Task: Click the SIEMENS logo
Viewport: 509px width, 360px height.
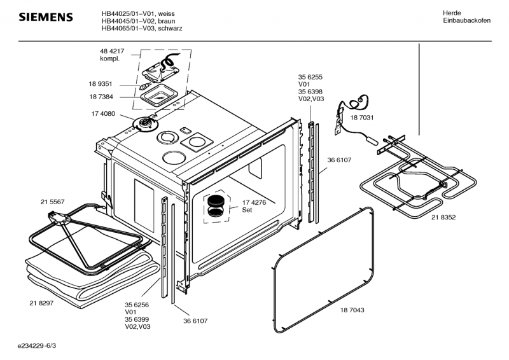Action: tap(46, 17)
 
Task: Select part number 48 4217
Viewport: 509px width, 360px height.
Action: tap(112, 52)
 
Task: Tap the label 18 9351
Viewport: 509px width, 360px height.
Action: tap(101, 84)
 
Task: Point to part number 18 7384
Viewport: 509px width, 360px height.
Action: tap(101, 97)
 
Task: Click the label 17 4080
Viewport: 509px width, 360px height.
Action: tap(103, 114)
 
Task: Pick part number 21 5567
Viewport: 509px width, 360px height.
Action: tap(53, 202)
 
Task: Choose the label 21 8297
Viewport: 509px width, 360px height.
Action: tap(41, 303)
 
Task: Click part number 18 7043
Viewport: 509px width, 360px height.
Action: tap(352, 310)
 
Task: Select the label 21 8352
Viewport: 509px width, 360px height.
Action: tap(443, 218)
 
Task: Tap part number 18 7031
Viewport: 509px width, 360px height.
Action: tap(362, 118)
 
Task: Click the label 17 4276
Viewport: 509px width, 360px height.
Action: tap(254, 202)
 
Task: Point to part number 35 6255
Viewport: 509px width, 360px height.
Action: tap(310, 77)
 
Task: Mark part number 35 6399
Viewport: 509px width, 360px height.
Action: tap(137, 320)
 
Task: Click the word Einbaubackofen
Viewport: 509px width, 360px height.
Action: tap(467, 20)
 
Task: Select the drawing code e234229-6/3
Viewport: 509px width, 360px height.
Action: tap(37, 346)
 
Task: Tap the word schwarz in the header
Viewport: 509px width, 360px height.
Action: tap(172, 28)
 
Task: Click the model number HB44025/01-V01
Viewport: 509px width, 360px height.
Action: tap(129, 13)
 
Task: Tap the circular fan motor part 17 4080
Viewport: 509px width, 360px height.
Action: tap(145, 124)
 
